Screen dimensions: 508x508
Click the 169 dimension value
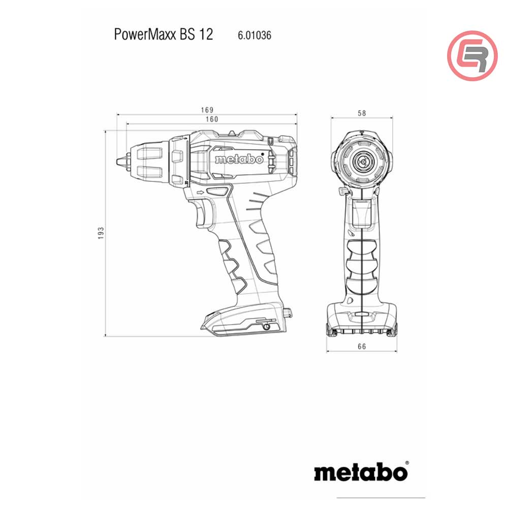point(207,110)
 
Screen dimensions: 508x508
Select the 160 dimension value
point(211,119)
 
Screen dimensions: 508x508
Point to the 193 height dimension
point(101,233)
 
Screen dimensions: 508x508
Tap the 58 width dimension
point(362,113)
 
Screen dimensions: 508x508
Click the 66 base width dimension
point(361,346)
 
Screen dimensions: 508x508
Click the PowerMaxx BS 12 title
point(164,35)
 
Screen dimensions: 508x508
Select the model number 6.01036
point(255,36)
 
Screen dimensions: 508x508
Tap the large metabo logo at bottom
point(361,472)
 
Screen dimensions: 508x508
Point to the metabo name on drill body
point(239,160)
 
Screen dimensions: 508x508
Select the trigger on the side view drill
point(204,213)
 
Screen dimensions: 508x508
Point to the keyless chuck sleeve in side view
point(150,161)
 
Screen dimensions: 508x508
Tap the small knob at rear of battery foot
point(288,312)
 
